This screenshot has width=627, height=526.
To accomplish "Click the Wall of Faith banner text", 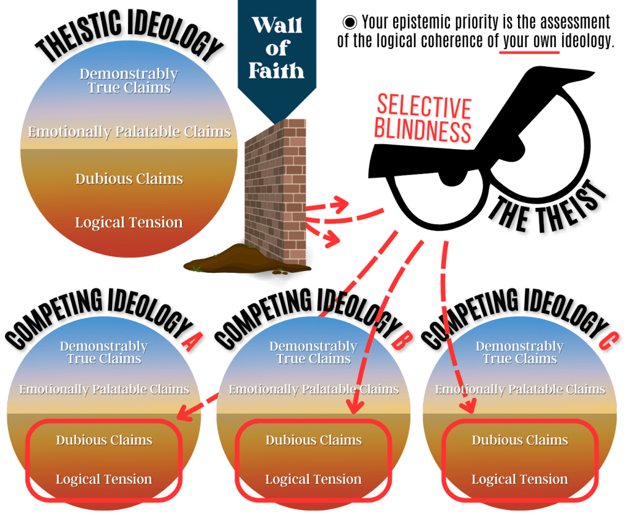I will click(277, 48).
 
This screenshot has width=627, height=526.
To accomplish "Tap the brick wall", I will click(276, 190).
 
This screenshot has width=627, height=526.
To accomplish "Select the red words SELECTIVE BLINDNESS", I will click(424, 120).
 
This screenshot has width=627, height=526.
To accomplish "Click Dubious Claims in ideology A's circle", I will click(104, 440).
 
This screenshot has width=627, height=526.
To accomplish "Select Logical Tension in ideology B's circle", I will click(313, 479).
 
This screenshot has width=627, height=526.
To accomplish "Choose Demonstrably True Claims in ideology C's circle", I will click(520, 353).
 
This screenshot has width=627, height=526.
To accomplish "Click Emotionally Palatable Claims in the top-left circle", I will click(129, 132).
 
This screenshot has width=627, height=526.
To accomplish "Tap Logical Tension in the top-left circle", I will click(129, 223).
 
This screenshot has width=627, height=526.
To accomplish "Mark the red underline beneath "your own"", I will click(529, 53).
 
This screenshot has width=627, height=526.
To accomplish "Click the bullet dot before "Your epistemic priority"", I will click(350, 23).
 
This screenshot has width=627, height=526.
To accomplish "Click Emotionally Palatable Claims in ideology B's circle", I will click(313, 389).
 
